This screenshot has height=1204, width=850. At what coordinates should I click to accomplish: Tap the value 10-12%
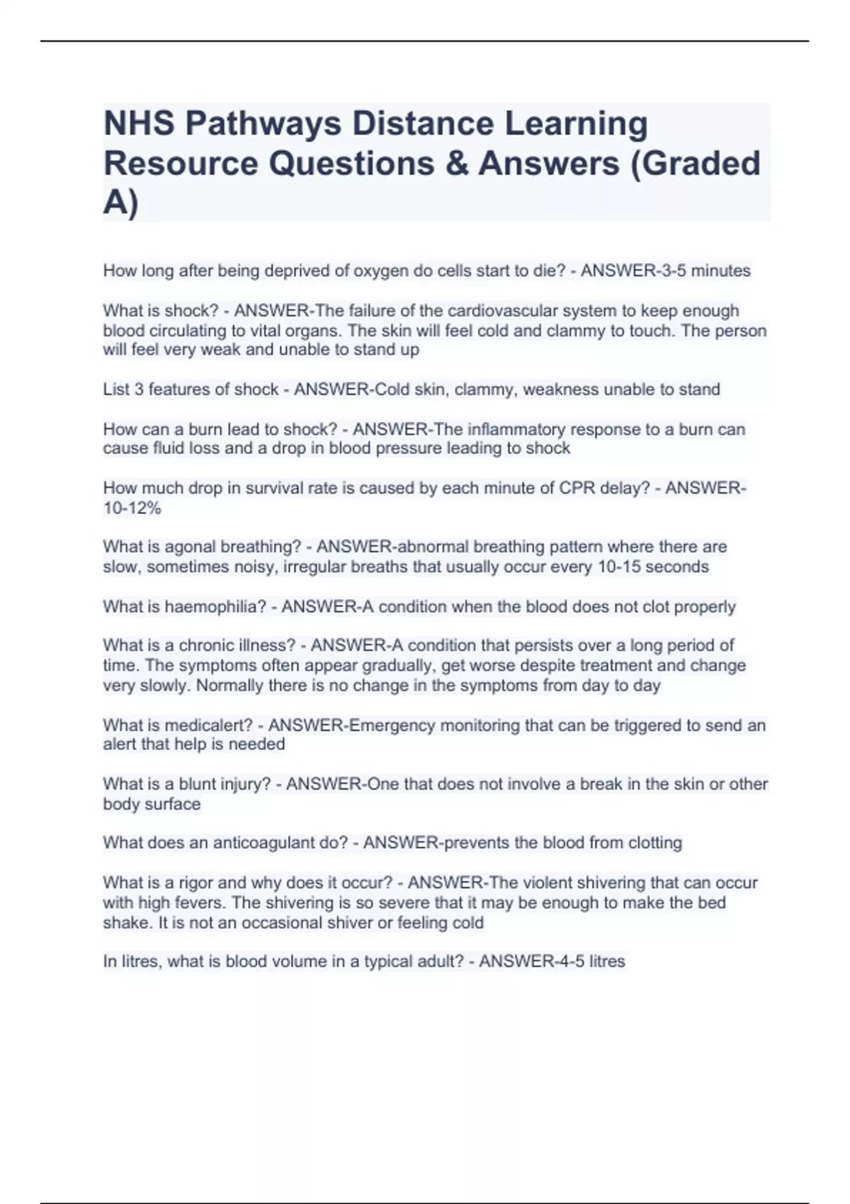click(132, 508)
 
